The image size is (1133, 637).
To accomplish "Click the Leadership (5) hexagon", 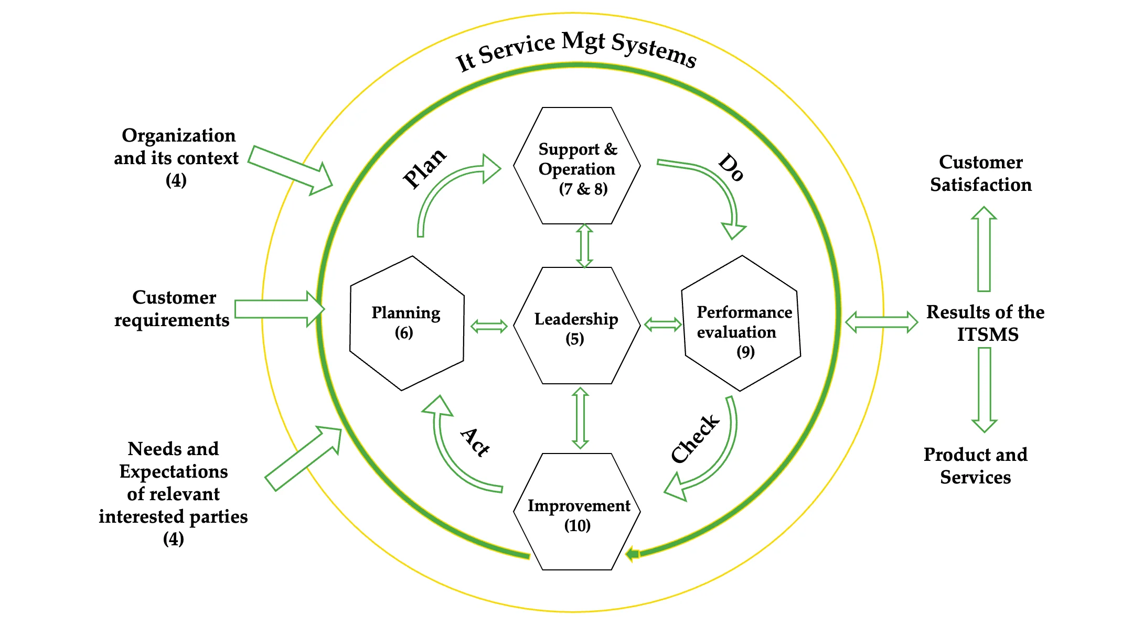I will tap(576, 326).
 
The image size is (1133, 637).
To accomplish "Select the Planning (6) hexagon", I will tap(407, 323).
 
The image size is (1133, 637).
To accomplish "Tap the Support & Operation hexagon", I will tap(576, 166).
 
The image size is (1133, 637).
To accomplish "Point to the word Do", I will tap(731, 167).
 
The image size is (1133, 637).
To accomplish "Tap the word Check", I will tap(696, 439).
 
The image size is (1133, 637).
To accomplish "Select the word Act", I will tap(475, 442).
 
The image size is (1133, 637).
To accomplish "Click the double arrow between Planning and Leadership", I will tap(489, 326).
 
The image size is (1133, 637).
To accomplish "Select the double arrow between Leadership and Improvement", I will tap(580, 418).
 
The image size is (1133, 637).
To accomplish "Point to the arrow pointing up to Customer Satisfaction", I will tap(984, 249).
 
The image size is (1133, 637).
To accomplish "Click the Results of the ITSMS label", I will tap(986, 323).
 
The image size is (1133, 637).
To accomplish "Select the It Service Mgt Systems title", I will tap(576, 50).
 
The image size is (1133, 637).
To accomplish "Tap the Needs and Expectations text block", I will tap(173, 493).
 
